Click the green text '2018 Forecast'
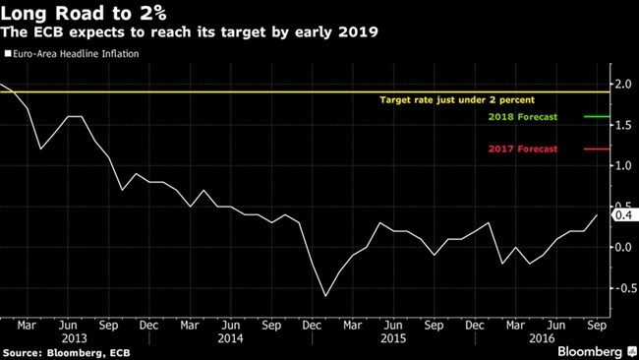click(522, 117)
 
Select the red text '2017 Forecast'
click(522, 150)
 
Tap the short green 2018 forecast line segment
click(597, 116)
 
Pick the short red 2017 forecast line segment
click(597, 150)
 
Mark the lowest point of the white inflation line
click(324, 295)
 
